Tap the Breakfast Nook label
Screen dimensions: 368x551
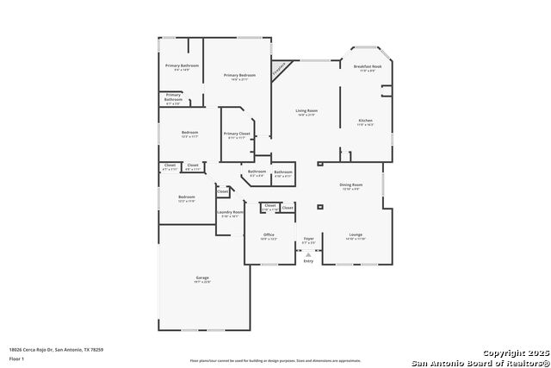(x=367, y=69)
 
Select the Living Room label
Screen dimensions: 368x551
(x=307, y=112)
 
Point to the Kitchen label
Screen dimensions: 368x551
(x=366, y=122)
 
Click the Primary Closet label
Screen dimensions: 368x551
(x=237, y=135)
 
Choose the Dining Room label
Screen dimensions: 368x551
(x=350, y=186)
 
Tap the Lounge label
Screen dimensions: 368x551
(x=356, y=236)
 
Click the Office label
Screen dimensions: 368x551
(x=269, y=236)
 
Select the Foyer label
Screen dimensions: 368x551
(x=308, y=240)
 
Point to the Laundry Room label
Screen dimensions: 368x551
(x=230, y=214)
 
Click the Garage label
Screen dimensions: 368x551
(x=202, y=279)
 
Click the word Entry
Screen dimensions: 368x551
(x=308, y=261)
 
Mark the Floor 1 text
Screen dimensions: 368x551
(x=16, y=358)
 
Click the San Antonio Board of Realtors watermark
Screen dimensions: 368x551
(x=480, y=362)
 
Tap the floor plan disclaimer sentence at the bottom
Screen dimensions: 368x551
(x=275, y=360)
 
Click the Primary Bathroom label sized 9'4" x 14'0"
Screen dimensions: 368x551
(x=183, y=68)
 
